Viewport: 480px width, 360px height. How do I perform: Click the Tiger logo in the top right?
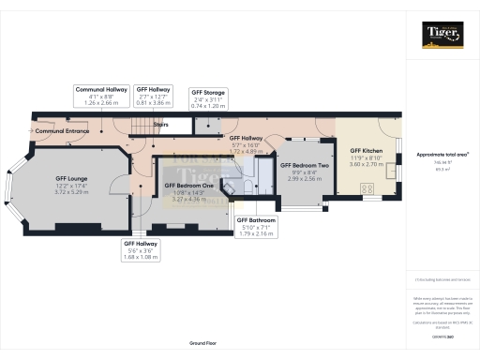(442, 36)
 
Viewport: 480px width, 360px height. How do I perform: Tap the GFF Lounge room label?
(71, 184)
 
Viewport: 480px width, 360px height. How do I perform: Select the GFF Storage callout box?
(209, 99)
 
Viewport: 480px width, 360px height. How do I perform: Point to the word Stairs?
(160, 123)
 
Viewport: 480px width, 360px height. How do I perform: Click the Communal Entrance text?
(62, 132)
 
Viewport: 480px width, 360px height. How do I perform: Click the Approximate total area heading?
(441, 154)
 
